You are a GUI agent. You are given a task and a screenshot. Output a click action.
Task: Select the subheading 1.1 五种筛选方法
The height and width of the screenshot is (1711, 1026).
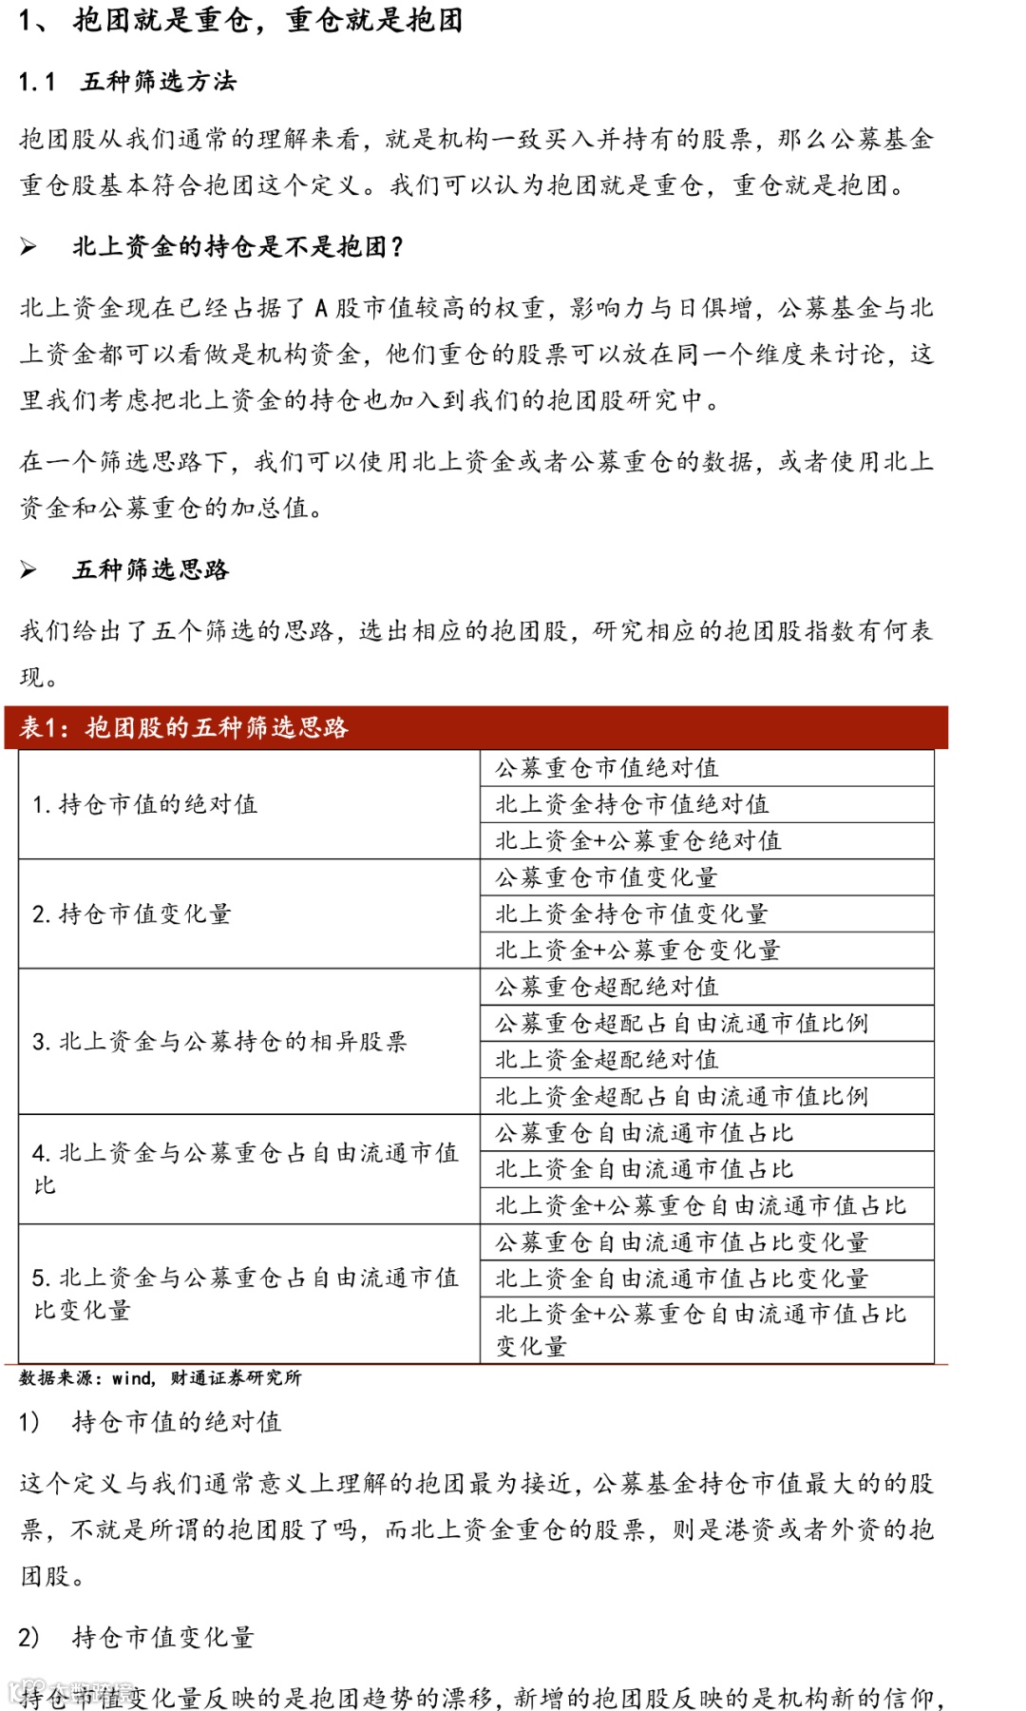127,82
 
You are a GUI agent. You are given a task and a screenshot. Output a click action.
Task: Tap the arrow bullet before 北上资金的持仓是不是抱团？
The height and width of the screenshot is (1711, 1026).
28,247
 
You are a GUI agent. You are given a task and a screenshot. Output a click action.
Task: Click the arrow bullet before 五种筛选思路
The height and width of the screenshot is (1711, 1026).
28,570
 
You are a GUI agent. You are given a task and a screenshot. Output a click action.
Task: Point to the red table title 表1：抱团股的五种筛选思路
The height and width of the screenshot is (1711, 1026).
184,728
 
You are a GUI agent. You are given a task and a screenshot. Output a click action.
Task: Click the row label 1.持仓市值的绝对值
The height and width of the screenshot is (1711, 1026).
144,804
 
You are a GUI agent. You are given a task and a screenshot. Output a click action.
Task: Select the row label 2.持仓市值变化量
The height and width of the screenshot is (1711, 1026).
132,914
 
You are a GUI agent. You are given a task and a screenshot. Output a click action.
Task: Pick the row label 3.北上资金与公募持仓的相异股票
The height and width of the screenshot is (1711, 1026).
219,1042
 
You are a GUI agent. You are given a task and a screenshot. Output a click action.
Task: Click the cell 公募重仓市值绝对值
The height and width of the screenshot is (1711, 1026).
606,768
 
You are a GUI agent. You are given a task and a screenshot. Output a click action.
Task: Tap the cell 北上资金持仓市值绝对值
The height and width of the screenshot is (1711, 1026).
632,804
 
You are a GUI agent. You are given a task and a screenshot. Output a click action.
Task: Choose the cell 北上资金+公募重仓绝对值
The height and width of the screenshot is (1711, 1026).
637,840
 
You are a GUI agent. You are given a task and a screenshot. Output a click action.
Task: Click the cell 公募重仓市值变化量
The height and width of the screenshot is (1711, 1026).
606,877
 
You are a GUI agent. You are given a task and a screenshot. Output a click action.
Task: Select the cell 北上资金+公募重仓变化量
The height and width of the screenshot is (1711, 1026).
637,951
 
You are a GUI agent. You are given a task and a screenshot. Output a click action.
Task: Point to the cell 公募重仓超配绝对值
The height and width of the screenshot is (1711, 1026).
606,987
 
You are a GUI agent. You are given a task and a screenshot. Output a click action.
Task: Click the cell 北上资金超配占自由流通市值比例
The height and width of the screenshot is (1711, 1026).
681,1096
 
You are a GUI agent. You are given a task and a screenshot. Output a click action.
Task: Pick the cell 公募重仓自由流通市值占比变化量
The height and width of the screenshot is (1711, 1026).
681,1242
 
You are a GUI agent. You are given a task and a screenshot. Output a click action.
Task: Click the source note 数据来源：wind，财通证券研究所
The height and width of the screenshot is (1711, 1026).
160,1378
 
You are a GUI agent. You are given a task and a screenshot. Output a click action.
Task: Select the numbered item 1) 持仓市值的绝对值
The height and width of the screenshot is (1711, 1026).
150,1422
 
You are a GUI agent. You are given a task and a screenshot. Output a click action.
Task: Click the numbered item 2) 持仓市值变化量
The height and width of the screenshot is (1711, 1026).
137,1637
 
